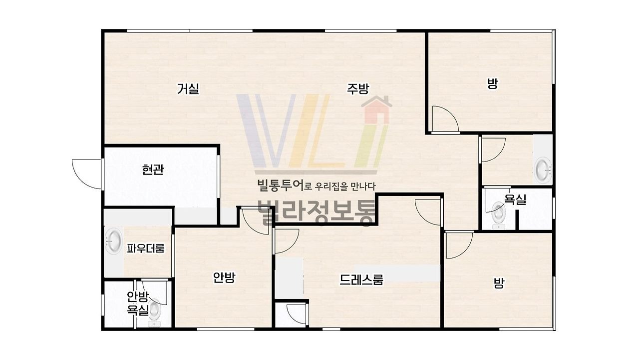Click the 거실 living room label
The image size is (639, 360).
coord(188,88)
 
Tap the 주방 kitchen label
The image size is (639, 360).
coord(358,88)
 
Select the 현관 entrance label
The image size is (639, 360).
coord(153,169)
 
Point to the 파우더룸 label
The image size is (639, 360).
coord(146,248)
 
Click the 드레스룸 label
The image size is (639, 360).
coord(361,279)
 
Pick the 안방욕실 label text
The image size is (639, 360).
coord(138,303)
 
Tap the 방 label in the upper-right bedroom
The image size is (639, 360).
coord(493,84)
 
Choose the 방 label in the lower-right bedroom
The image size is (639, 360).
coord(499,283)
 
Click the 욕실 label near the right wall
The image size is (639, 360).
coord(515,199)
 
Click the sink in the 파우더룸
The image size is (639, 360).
coord(114,241)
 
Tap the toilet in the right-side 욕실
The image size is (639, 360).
coord(499,215)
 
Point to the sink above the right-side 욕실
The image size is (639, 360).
coord(543,170)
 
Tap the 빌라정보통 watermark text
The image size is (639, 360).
coord(317,213)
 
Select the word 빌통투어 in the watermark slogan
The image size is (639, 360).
coord(280,185)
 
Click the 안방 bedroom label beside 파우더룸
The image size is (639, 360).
coord(224,277)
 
